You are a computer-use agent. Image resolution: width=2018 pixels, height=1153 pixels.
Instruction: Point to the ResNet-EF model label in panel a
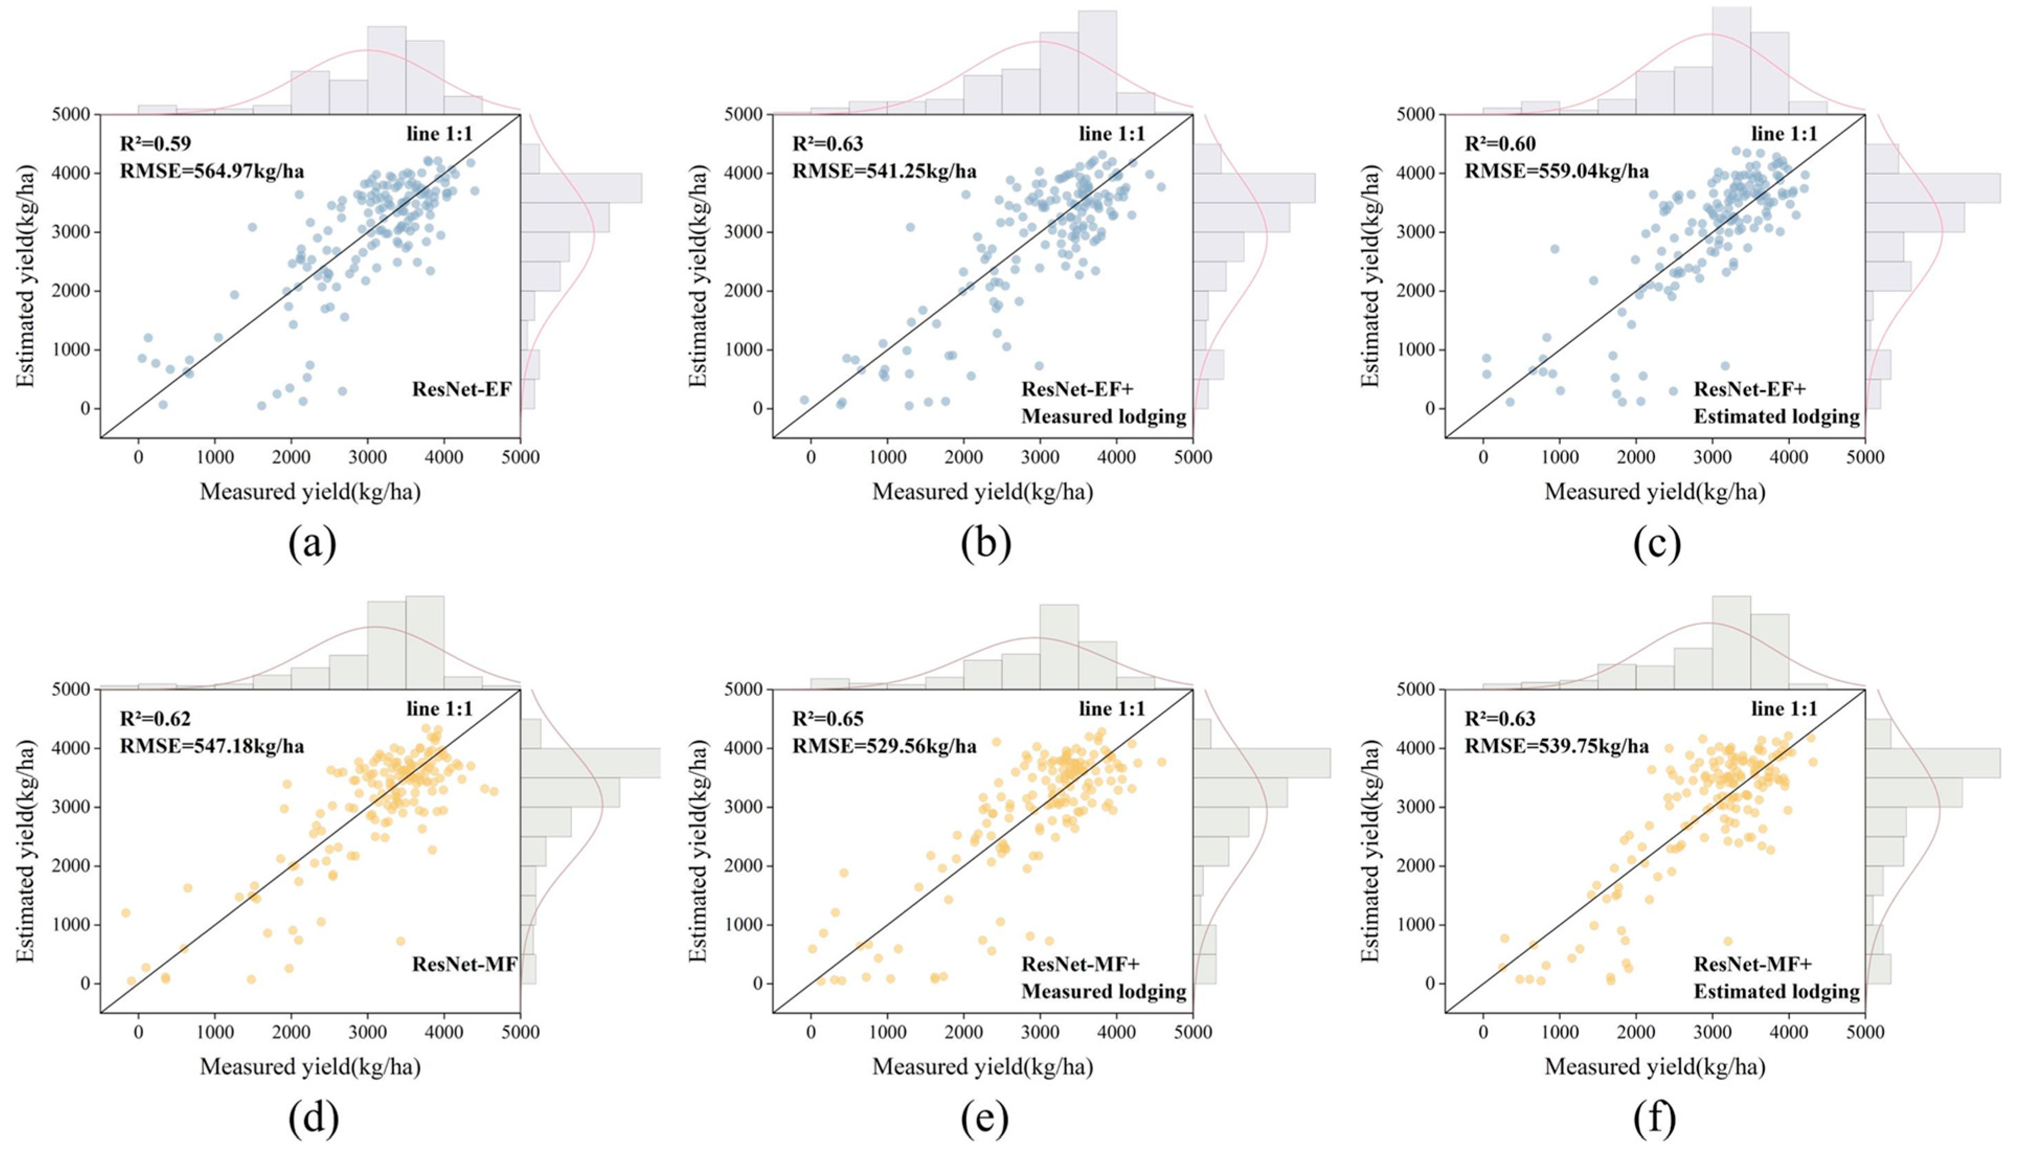point(461,389)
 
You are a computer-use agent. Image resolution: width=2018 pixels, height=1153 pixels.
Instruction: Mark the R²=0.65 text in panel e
point(827,719)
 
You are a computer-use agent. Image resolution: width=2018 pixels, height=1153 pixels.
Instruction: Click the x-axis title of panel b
point(982,492)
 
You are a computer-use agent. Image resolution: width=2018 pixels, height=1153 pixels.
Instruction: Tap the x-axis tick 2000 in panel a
point(290,458)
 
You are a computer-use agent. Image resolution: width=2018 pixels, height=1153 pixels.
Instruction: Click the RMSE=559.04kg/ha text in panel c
point(1557,171)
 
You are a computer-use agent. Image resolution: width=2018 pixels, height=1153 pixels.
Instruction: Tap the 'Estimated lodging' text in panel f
point(1776,991)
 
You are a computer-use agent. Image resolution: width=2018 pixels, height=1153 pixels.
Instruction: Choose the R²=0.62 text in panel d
point(155,719)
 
